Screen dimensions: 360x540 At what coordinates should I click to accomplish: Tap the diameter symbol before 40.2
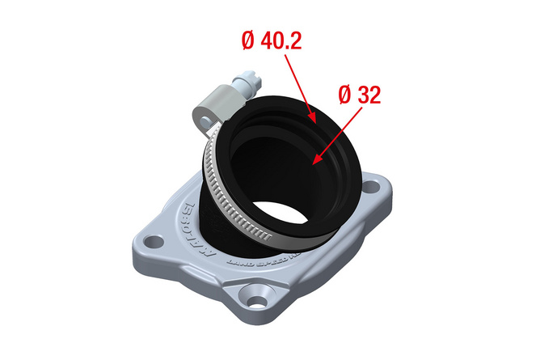(x=250, y=41)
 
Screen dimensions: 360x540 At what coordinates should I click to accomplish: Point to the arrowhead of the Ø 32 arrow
(x=316, y=160)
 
